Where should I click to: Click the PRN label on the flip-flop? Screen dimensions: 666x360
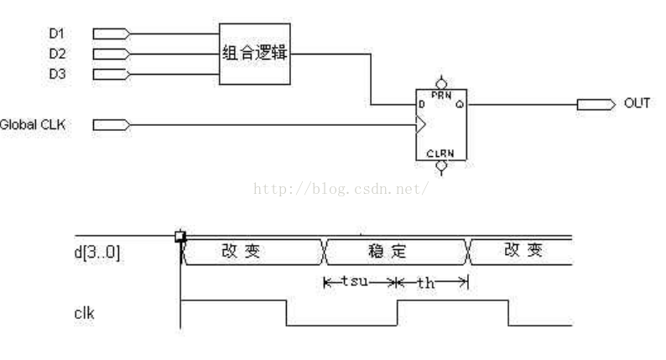[440, 96]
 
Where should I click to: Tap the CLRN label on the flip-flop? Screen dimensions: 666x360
[440, 154]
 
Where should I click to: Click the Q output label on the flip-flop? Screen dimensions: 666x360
[460, 105]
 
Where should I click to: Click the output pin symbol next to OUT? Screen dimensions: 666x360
[595, 105]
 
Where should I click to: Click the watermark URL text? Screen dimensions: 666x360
[341, 190]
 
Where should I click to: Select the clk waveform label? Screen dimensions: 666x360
[84, 316]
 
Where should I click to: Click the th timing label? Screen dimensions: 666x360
[426, 284]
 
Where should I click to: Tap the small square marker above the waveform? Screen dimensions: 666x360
[180, 237]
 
